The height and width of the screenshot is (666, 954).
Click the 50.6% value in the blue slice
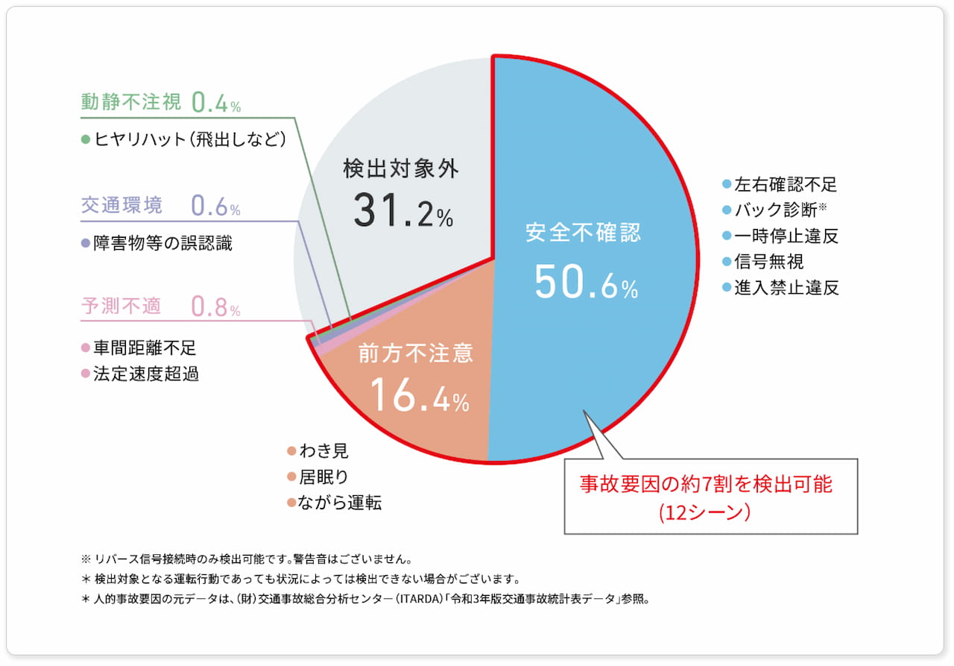pyautogui.click(x=586, y=282)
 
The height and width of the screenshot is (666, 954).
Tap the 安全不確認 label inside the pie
pyautogui.click(x=583, y=232)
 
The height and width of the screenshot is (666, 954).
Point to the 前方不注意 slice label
pyautogui.click(x=416, y=353)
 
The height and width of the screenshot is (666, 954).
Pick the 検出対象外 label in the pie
pyautogui.click(x=401, y=169)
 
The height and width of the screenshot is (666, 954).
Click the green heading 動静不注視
pyautogui.click(x=130, y=102)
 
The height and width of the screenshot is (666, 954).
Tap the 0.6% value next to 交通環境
pyautogui.click(x=215, y=205)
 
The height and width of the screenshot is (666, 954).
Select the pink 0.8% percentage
pyautogui.click(x=215, y=307)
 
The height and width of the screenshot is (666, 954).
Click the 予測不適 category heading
pyautogui.click(x=121, y=306)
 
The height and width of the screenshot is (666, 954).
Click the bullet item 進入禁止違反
pyautogui.click(x=786, y=288)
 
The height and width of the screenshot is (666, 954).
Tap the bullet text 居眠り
pyautogui.click(x=323, y=477)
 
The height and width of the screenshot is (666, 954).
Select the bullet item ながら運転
pyautogui.click(x=340, y=503)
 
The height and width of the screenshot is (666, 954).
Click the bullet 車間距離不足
pyautogui.click(x=145, y=348)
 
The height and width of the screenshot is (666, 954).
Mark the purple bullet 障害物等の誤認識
pyautogui.click(x=162, y=243)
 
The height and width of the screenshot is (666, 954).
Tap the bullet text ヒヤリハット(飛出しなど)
pyautogui.click(x=189, y=139)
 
